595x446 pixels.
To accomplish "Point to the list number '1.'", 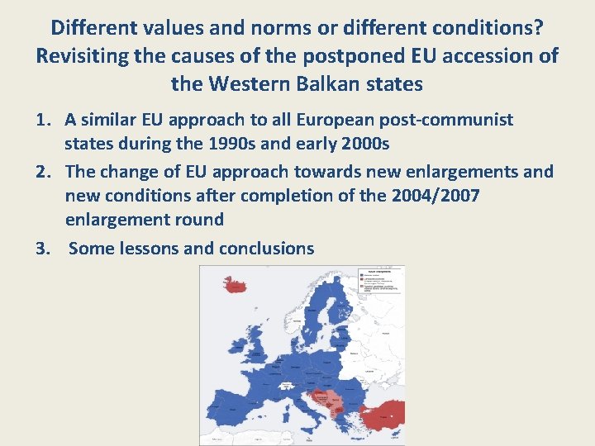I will tap(45, 120).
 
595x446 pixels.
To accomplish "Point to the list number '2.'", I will tap(45, 172).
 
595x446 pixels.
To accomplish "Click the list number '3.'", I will tap(45, 248).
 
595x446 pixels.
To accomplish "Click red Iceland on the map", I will tap(236, 286).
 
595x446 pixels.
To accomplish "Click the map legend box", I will tap(379, 280).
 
